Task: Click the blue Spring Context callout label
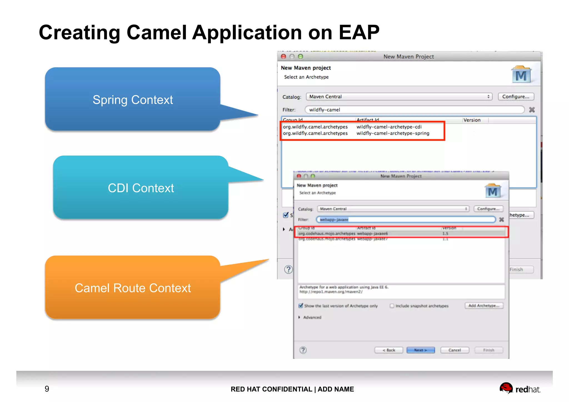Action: coord(133,100)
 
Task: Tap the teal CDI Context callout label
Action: coord(141,188)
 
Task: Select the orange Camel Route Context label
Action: coord(133,288)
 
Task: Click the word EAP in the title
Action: coord(359,33)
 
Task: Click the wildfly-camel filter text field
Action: coord(414,110)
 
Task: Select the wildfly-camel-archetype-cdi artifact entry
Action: coord(389,127)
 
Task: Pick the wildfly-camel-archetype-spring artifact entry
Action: coord(393,133)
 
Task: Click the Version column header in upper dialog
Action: coord(472,120)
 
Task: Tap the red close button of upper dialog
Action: coord(283,57)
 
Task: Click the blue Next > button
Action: coord(420,350)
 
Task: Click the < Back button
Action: coord(388,350)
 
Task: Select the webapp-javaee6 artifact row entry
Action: coord(372,234)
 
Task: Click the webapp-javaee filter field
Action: coord(406,219)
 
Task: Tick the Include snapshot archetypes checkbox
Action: coord(392,306)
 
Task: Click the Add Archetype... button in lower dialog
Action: coord(484,306)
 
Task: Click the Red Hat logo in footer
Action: coord(519,388)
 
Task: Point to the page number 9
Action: coord(47,389)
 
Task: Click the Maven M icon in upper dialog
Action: coord(521,75)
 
